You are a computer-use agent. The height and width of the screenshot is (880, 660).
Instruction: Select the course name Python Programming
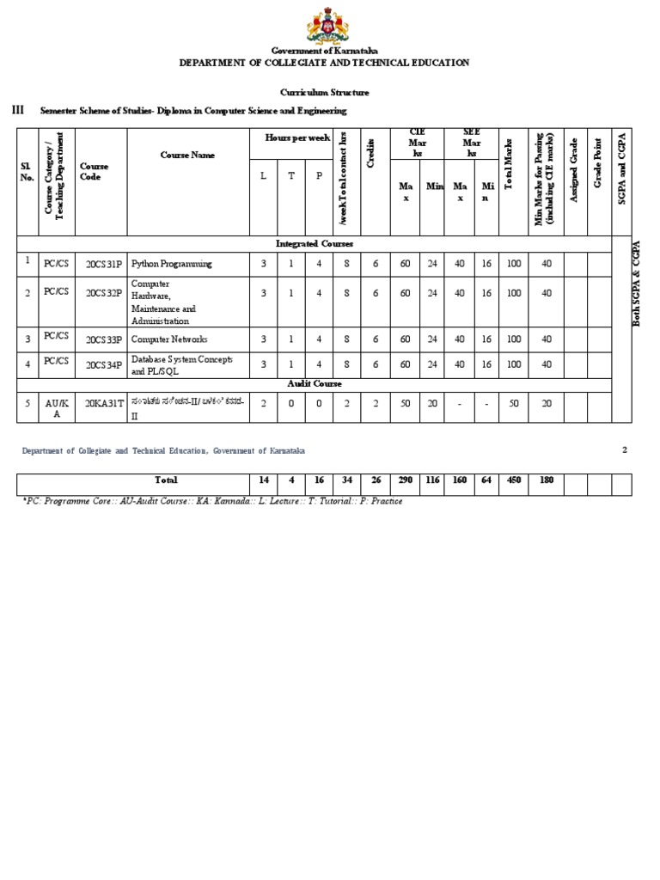pyautogui.click(x=171, y=264)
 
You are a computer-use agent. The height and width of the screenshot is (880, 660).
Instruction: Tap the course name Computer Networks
pyautogui.click(x=169, y=339)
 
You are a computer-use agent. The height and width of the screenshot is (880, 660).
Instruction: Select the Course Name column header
pyautogui.click(x=187, y=156)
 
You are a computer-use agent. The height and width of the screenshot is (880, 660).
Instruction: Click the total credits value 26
pyautogui.click(x=376, y=480)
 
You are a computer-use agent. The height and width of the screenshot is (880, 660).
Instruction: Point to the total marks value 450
pyautogui.click(x=514, y=480)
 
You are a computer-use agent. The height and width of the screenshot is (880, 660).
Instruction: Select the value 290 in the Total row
pyautogui.click(x=405, y=480)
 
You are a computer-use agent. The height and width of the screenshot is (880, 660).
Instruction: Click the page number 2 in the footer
pyautogui.click(x=625, y=449)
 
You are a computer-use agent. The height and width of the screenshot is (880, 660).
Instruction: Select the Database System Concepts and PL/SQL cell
pyautogui.click(x=181, y=364)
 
